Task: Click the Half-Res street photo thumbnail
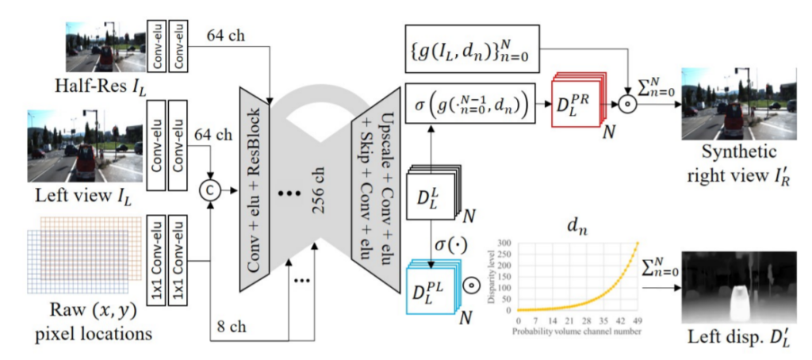click(103, 48)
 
